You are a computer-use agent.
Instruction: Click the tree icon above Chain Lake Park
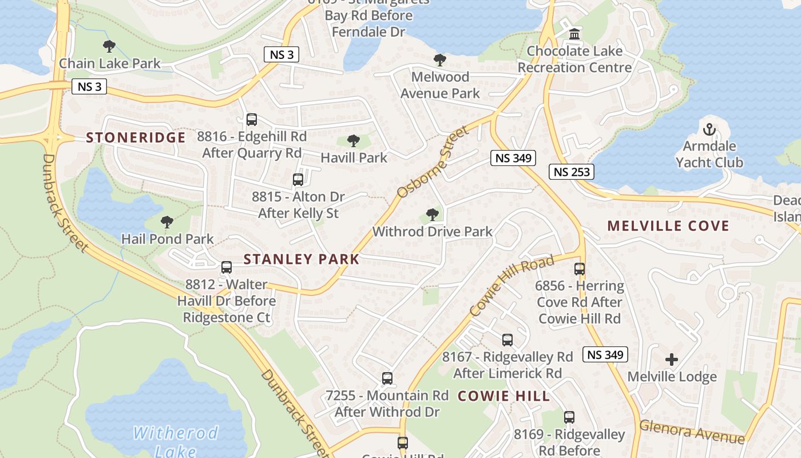[109, 46]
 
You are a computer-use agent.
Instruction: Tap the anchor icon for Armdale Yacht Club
[709, 129]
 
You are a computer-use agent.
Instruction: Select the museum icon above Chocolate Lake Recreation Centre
[574, 34]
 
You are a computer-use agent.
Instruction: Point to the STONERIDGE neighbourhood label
[136, 137]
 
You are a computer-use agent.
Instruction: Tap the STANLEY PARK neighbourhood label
[302, 259]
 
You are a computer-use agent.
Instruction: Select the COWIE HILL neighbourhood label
[504, 396]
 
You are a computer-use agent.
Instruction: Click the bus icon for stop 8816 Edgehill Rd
[251, 120]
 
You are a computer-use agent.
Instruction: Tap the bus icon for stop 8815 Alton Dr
[298, 180]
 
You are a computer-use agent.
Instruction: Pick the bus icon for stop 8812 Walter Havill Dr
[227, 267]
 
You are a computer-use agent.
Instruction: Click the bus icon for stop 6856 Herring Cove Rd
[580, 269]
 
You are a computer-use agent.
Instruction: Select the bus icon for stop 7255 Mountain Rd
[387, 378]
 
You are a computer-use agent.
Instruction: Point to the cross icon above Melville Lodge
[672, 360]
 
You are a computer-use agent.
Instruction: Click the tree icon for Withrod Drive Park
[433, 215]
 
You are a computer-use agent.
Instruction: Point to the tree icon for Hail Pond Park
[166, 222]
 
